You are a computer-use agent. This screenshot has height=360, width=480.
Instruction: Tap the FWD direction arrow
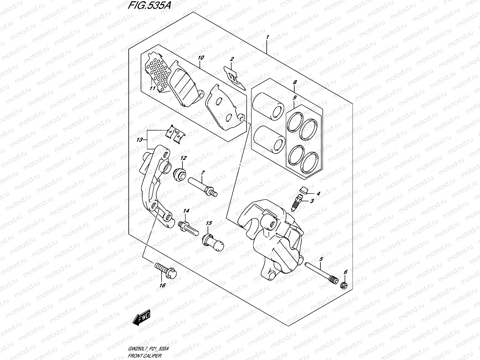142,319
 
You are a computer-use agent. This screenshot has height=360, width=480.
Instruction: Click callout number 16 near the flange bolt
162,285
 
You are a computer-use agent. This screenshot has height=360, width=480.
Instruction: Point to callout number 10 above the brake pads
201,57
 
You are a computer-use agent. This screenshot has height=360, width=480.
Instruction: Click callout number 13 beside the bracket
140,140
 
